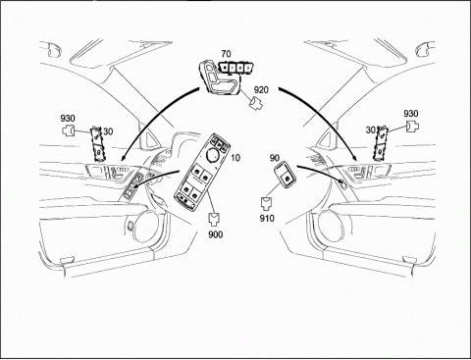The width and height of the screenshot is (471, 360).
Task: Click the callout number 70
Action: (226, 54)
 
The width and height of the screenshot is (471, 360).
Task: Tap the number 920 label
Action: (261, 89)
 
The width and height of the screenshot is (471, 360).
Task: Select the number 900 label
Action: (216, 234)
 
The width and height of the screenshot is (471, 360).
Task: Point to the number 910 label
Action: (267, 218)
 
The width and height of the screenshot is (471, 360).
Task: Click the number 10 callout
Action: (235, 158)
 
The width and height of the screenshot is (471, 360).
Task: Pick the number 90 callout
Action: (275, 158)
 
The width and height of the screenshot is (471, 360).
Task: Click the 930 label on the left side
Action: (68, 118)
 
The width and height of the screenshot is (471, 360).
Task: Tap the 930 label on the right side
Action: (411, 114)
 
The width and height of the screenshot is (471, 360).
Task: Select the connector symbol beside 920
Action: (256, 103)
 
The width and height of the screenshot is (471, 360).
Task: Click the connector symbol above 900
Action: (215, 220)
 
